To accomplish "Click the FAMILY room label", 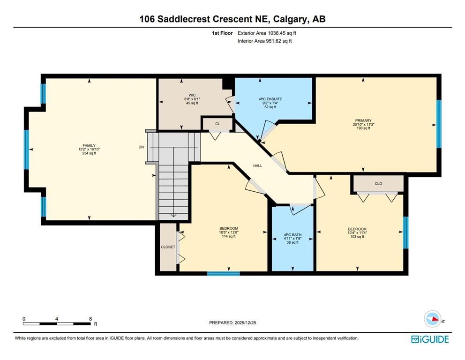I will [x=89, y=145].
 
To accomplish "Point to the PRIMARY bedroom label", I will [x=362, y=120].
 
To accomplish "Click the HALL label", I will [x=257, y=165].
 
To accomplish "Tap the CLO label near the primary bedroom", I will [x=378, y=183].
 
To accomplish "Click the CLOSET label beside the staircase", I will [x=168, y=247].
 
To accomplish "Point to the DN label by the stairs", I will [x=141, y=147].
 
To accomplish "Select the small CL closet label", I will [x=217, y=124].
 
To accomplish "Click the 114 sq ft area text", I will [x=228, y=236].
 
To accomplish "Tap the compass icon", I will [x=432, y=319].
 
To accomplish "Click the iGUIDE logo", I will [x=430, y=339].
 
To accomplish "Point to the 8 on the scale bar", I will [x=90, y=319].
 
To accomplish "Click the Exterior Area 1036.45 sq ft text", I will [x=267, y=33].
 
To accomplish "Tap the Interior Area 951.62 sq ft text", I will [x=265, y=41].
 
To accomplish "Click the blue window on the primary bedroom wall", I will [x=439, y=124].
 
